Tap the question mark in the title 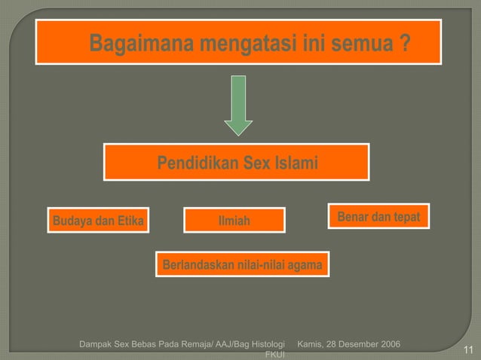tap(406, 44)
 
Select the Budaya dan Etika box tap(98, 221)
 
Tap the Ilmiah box tap(234, 221)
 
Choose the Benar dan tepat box tap(378, 217)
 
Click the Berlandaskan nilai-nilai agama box tap(242, 265)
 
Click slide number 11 tap(467, 349)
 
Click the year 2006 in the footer tap(387, 345)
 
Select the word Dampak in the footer tap(95, 345)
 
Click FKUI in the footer tap(271, 355)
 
